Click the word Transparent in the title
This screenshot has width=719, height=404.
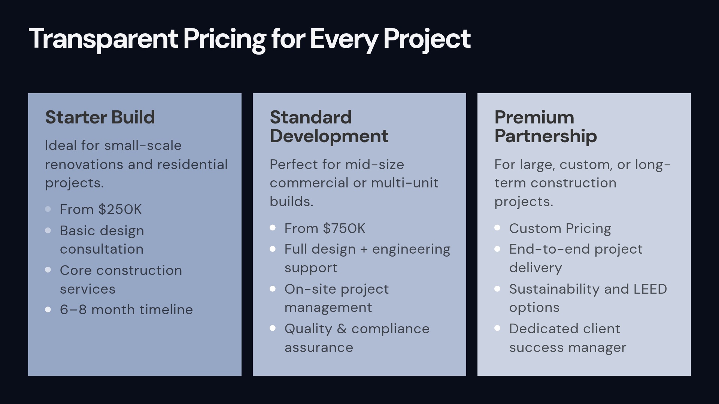pyautogui.click(x=103, y=39)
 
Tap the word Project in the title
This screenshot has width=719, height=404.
pyautogui.click(x=427, y=39)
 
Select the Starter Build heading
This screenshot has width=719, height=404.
pyautogui.click(x=100, y=117)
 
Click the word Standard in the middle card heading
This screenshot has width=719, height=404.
pyautogui.click(x=310, y=117)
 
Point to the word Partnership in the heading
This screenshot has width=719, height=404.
pyautogui.click(x=545, y=136)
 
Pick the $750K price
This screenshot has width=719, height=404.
pyautogui.click(x=344, y=229)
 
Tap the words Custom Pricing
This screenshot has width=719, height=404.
pyautogui.click(x=560, y=229)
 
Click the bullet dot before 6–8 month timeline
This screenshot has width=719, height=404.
pyautogui.click(x=48, y=309)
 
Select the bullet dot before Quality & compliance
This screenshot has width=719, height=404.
pyautogui.click(x=273, y=328)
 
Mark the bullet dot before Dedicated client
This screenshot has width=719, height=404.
pyautogui.click(x=497, y=328)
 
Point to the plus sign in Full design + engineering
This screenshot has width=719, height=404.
pyautogui.click(x=364, y=250)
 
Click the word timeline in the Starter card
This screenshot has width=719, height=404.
pyautogui.click(x=166, y=310)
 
